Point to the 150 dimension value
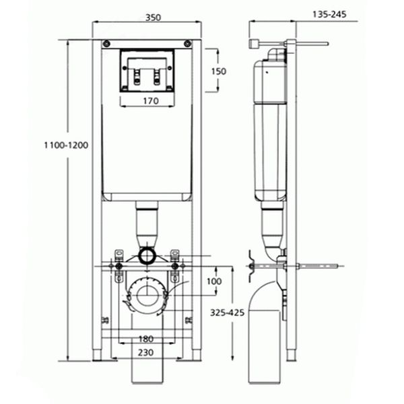click(218, 71)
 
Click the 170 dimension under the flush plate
click(150, 101)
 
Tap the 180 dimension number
click(145, 338)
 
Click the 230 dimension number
click(146, 352)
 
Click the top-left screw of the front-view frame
click(106, 44)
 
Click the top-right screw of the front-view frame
click(187, 44)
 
